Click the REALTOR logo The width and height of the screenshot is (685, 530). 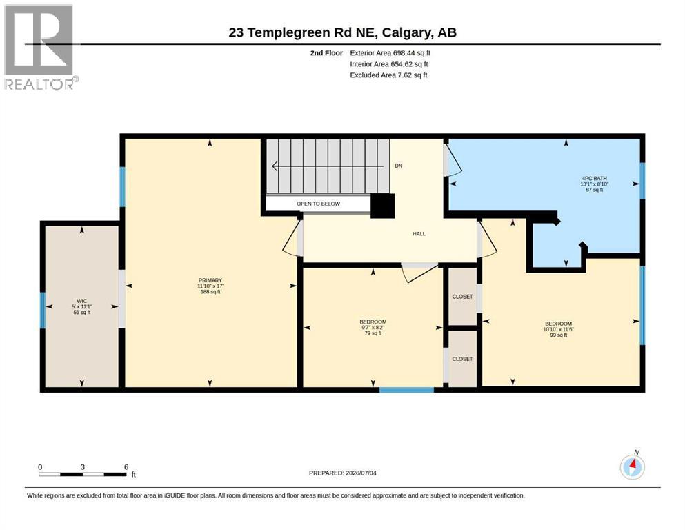click(x=41, y=47)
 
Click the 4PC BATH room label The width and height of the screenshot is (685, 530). click(x=594, y=178)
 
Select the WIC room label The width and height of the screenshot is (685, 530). click(x=81, y=301)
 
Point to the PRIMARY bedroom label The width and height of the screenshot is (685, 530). click(x=210, y=280)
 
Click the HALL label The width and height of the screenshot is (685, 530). click(x=419, y=234)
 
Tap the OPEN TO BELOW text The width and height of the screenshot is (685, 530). click(x=318, y=204)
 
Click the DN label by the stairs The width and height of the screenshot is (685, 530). click(x=399, y=166)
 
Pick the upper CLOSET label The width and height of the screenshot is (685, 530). click(x=462, y=297)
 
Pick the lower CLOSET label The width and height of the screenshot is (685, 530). click(x=462, y=359)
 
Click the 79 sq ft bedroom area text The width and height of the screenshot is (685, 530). click(x=373, y=333)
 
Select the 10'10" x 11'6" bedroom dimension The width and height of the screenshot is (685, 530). click(x=558, y=329)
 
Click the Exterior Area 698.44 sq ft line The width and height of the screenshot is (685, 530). click(x=390, y=53)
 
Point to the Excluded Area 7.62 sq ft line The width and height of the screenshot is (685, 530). click(x=388, y=75)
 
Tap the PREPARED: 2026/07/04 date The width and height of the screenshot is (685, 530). click(x=342, y=473)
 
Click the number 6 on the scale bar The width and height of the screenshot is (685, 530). click(x=126, y=467)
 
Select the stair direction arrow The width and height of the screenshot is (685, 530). click(x=328, y=166)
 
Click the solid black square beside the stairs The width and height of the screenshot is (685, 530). click(x=383, y=206)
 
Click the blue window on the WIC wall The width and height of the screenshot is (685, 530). click(x=43, y=311)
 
